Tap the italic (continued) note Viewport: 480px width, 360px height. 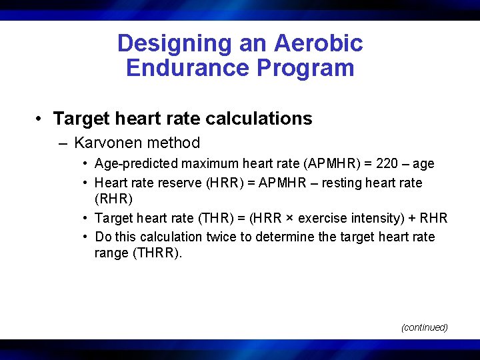[x=424, y=327]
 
